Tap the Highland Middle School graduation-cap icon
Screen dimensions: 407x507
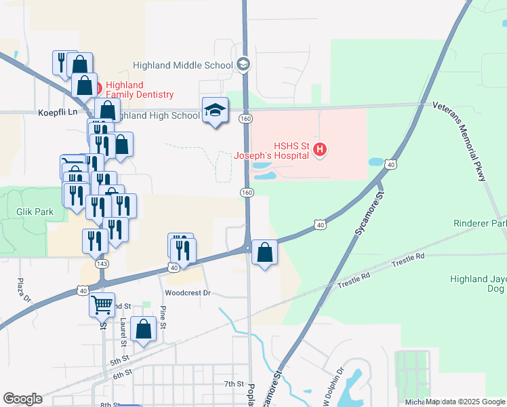[x=243, y=65]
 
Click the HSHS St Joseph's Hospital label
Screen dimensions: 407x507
[x=272, y=150]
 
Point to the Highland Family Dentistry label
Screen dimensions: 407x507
[x=140, y=90]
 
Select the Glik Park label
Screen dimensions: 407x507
[x=35, y=212]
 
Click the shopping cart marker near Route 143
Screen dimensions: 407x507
[x=102, y=305]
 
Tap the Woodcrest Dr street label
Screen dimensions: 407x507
[x=188, y=293]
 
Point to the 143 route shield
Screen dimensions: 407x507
[x=102, y=263]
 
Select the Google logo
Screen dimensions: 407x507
[x=22, y=398]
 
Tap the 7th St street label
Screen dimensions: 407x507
[x=234, y=384]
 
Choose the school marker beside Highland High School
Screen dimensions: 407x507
[x=215, y=111]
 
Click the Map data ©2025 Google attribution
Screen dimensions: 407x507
[x=465, y=402]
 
